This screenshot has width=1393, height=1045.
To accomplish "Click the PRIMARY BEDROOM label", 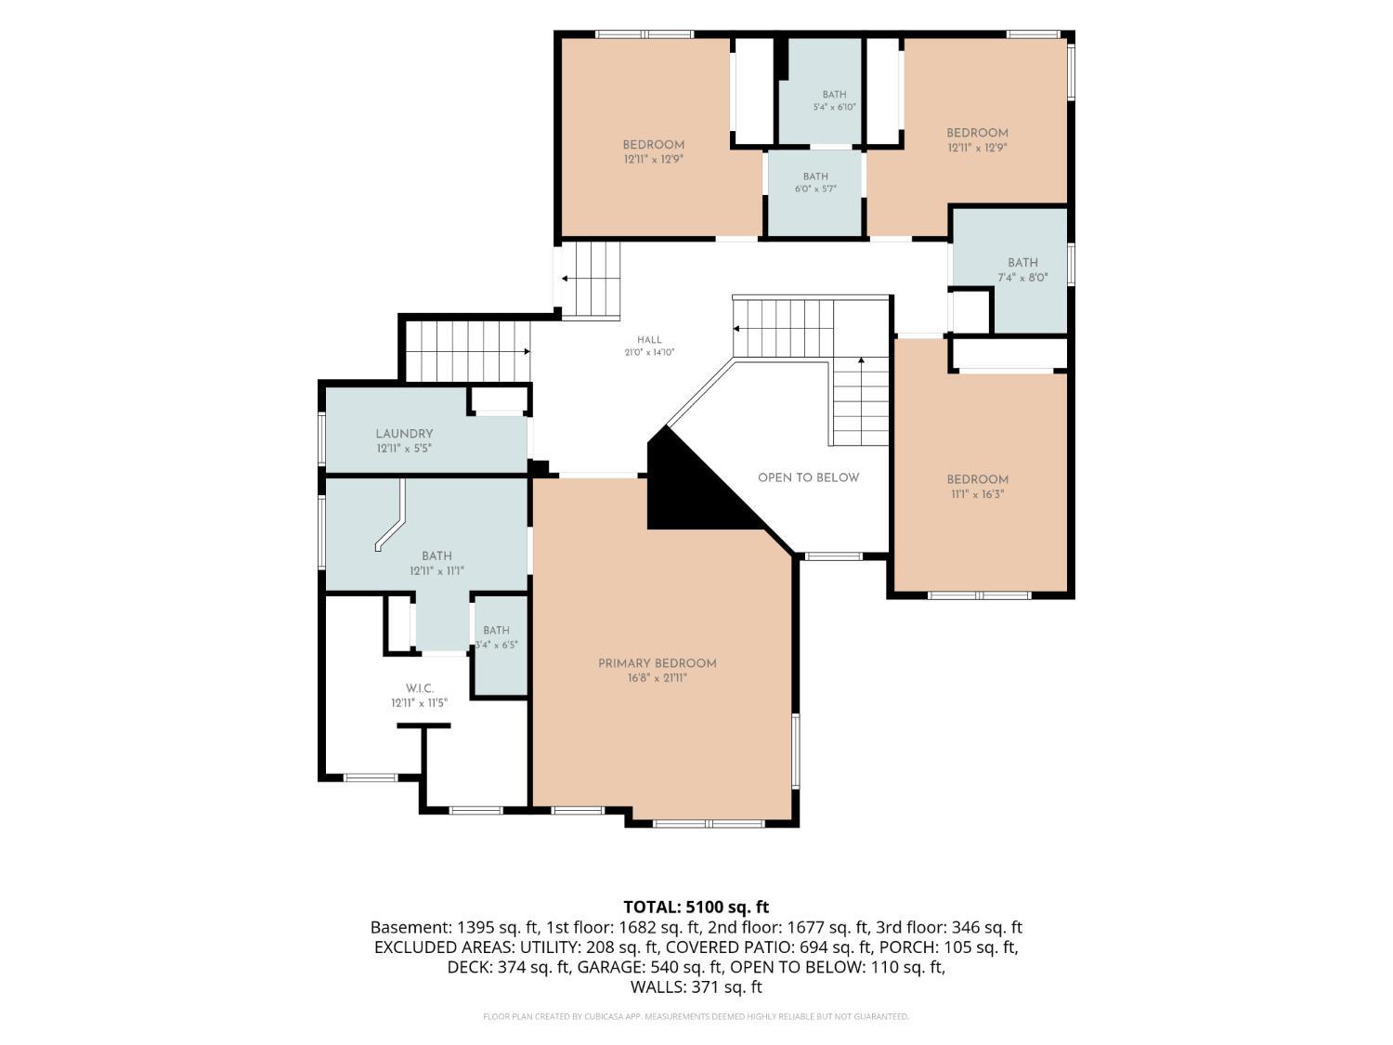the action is pyautogui.click(x=657, y=663).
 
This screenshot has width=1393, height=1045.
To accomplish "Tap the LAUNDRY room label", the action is pyautogui.click(x=404, y=434).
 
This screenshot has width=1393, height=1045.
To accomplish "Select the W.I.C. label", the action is pyautogui.click(x=420, y=688).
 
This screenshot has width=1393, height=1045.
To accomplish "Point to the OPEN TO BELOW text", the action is pyautogui.click(x=809, y=477).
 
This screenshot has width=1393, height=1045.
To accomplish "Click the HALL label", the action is pyautogui.click(x=649, y=340).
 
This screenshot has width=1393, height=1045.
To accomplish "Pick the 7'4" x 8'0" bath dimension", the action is pyautogui.click(x=1022, y=277).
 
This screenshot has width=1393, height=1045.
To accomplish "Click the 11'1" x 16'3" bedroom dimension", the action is pyautogui.click(x=977, y=493).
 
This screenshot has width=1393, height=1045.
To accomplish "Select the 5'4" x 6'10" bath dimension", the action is pyautogui.click(x=835, y=107).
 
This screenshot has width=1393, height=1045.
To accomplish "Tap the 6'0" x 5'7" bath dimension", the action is pyautogui.click(x=815, y=189).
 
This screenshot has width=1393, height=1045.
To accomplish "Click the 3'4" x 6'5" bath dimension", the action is pyautogui.click(x=497, y=645).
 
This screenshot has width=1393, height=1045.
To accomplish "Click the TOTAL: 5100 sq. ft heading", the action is pyautogui.click(x=696, y=907).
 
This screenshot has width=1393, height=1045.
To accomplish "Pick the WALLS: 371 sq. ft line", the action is pyautogui.click(x=696, y=987).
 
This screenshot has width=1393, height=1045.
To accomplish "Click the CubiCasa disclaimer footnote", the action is pyautogui.click(x=696, y=1016).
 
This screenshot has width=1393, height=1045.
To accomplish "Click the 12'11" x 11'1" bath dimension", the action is pyautogui.click(x=436, y=570).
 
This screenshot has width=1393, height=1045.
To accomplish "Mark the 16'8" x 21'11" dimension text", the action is pyautogui.click(x=657, y=678).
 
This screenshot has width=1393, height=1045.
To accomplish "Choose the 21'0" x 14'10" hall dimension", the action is pyautogui.click(x=649, y=352).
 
